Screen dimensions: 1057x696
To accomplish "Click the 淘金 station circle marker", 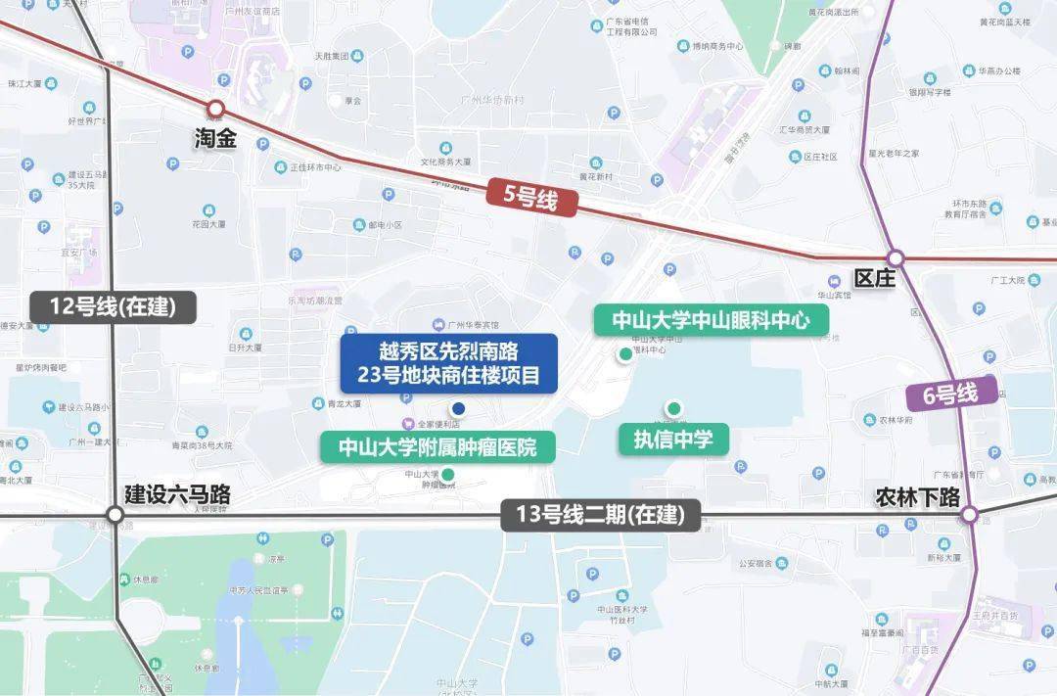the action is coord(215,108).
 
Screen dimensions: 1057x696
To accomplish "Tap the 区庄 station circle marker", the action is coord(896,258).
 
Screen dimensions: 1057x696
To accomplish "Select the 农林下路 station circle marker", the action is coord(969,515).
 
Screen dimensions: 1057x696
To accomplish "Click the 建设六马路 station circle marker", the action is coord(115,515).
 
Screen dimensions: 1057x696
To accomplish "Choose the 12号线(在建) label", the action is coord(113,306).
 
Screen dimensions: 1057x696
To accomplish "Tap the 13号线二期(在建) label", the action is coord(601,515).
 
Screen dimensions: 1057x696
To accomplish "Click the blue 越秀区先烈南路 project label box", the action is coord(448,363).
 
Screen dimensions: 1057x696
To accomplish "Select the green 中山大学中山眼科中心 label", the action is coord(712,320).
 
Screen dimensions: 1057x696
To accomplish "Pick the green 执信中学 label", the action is coord(673,440).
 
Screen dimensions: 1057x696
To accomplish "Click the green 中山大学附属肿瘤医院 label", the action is coord(438,448).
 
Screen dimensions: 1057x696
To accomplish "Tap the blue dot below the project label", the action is coord(458,408).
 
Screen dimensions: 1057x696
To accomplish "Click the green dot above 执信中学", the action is coord(673,408).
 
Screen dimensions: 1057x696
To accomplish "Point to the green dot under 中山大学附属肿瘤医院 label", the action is coord(447,475).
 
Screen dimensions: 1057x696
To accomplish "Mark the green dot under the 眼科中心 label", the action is coord(624,354).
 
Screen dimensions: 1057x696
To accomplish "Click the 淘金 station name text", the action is coord(215,139).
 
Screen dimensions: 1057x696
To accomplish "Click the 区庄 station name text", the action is coord(874,278).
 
